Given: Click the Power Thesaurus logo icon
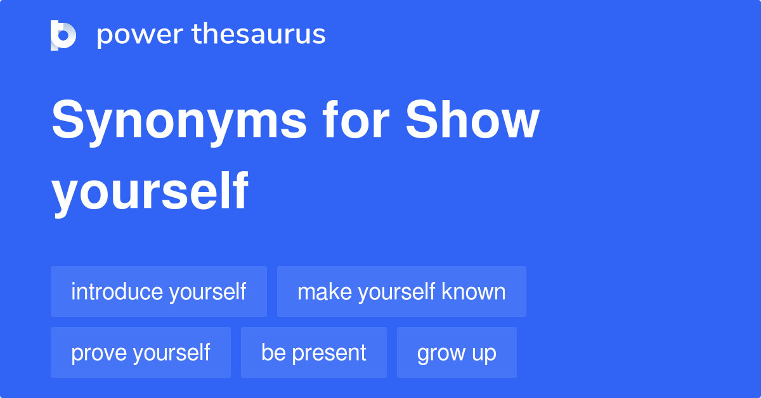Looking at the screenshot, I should (63, 35).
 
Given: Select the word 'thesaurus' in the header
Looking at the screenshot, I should (259, 35).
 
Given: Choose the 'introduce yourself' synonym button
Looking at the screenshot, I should (159, 292).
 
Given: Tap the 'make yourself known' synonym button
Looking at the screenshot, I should (401, 292).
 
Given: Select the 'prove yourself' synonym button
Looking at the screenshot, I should (141, 352).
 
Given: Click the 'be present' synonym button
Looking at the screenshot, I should (314, 352).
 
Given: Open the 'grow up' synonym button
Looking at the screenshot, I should (457, 352).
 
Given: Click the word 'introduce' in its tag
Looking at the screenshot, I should (117, 292).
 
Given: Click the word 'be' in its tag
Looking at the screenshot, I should (273, 352).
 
